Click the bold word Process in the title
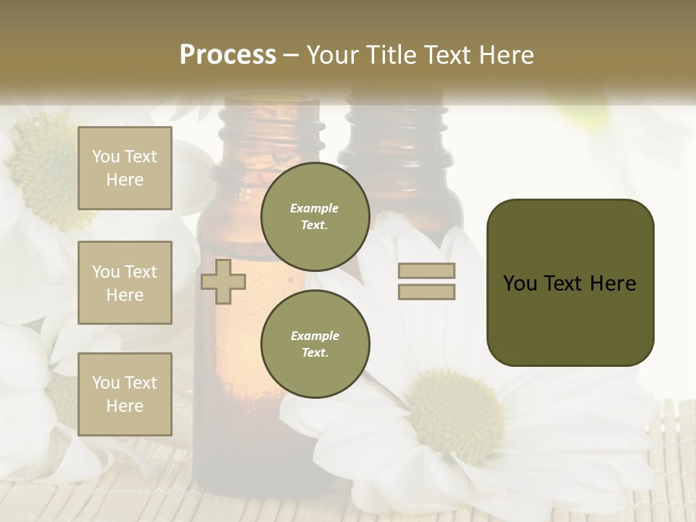(x=228, y=55)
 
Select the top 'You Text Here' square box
(x=125, y=168)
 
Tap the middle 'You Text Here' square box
(x=125, y=283)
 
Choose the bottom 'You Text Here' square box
(x=125, y=394)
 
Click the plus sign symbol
(x=223, y=281)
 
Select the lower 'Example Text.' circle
(x=315, y=344)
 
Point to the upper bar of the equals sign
(x=426, y=270)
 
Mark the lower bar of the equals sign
(x=426, y=291)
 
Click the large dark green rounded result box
(x=570, y=283)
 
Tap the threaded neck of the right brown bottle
(x=396, y=127)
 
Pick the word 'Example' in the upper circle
(x=315, y=208)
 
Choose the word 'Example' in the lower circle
(x=315, y=336)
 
